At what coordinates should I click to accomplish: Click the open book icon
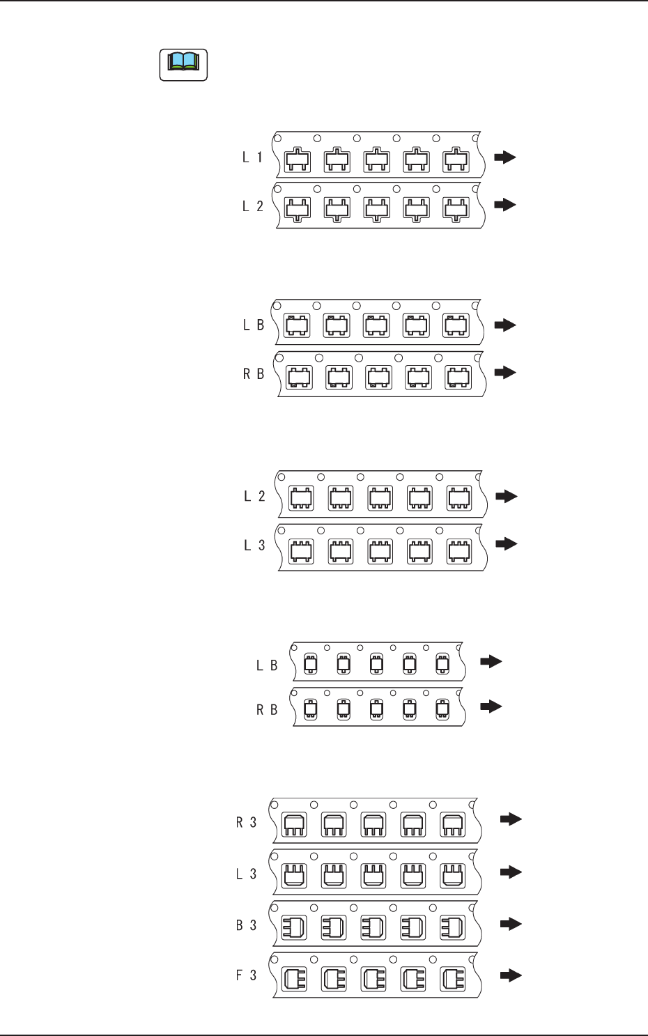pos(183,65)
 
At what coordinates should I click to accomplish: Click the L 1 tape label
pos(252,157)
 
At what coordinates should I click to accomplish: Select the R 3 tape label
pos(246,823)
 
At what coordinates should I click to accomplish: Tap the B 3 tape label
pos(246,925)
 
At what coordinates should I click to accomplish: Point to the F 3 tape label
pos(246,975)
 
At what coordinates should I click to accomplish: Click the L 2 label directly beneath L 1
pos(252,206)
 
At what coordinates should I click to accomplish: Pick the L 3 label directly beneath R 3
pos(246,874)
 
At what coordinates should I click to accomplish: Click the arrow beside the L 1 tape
pos(505,157)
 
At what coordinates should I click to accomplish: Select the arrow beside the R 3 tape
pos(511,819)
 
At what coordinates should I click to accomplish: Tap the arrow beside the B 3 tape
pos(511,924)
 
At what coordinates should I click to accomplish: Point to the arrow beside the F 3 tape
pos(511,975)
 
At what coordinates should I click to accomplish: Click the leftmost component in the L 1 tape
pos(298,161)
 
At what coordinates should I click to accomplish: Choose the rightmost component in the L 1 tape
pos(456,161)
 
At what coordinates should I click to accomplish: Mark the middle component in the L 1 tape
pos(377,161)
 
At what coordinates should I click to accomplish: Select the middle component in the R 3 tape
pos(373,826)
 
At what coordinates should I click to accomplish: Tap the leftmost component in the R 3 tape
pos(293,826)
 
